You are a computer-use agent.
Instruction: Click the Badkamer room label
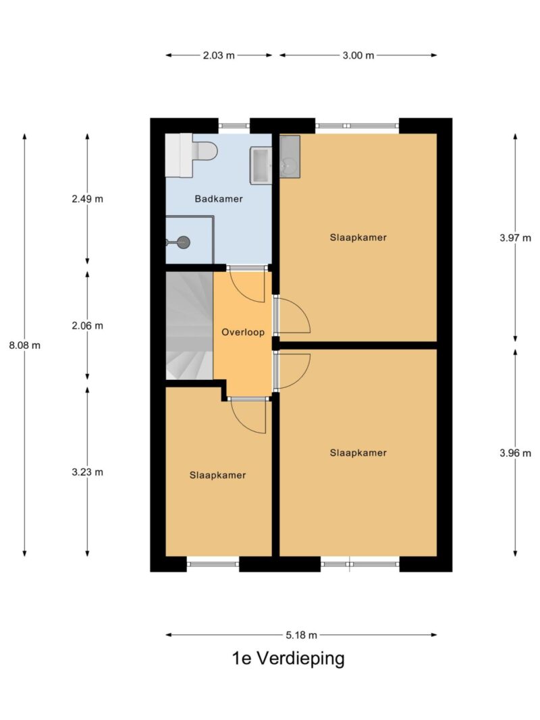point(218,199)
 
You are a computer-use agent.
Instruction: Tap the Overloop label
point(243,332)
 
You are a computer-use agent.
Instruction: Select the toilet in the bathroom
point(202,152)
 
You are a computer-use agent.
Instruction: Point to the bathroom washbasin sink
point(261,165)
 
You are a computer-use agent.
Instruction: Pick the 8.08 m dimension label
point(25,345)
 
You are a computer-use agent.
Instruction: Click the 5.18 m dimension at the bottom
point(300,635)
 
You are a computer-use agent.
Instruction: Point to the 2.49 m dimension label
point(87,199)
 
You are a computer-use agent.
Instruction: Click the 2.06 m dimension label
point(87,326)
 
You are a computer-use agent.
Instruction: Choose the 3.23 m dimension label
point(87,472)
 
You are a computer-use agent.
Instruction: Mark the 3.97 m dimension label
point(515,238)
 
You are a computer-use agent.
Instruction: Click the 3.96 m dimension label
point(515,453)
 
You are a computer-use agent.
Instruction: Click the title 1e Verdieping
point(288,659)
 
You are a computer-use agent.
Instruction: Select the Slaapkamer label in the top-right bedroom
point(358,238)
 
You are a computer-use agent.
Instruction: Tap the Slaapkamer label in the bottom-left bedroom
point(217,475)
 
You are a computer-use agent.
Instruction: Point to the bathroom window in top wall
point(234,126)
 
